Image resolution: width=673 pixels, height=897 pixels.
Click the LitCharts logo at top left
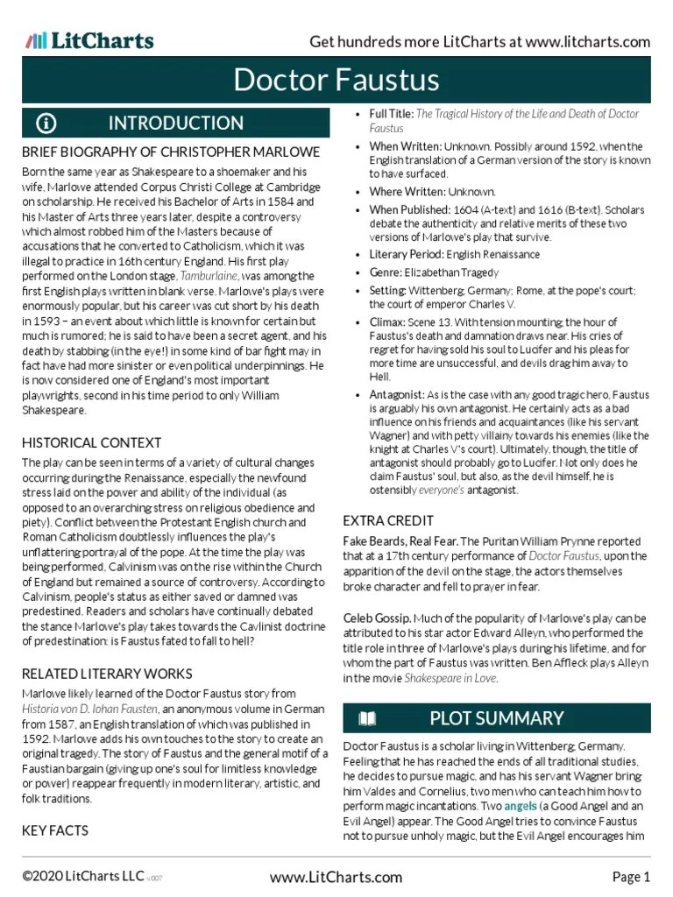pos(89,40)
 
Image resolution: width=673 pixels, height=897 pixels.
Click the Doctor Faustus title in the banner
pos(336,81)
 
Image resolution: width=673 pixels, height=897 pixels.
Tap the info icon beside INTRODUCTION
pos(46,124)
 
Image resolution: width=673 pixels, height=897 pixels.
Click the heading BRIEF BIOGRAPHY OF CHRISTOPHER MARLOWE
pos(171,152)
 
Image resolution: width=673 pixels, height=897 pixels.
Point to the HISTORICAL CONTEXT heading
pos(91,442)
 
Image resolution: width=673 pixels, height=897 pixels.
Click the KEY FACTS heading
pos(55,830)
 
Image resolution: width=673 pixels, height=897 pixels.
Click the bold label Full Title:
pos(391,115)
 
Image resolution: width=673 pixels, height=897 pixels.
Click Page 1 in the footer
pos(630,877)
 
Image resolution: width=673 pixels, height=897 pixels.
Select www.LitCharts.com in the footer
pos(336,877)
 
